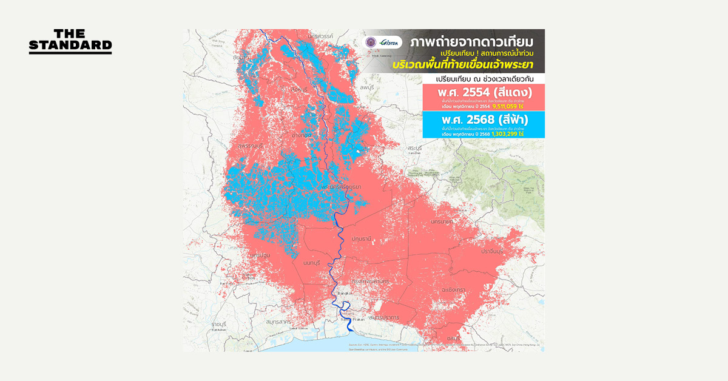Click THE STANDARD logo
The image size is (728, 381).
coord(70,41)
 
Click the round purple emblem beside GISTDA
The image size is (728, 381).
coord(370,42)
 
